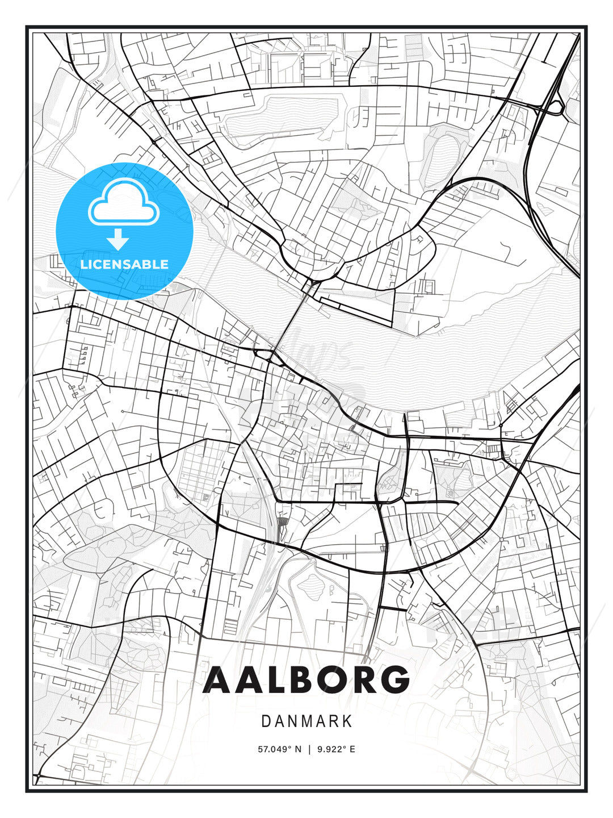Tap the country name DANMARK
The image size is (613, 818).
[306, 721]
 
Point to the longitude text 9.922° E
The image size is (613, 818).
[336, 749]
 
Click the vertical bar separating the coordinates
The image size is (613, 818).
[309, 749]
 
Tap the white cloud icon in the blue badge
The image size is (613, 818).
[122, 202]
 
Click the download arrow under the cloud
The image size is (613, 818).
[118, 239]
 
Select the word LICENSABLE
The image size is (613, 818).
[124, 264]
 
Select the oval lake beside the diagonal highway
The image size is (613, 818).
[446, 157]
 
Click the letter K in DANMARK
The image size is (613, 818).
[347, 721]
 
